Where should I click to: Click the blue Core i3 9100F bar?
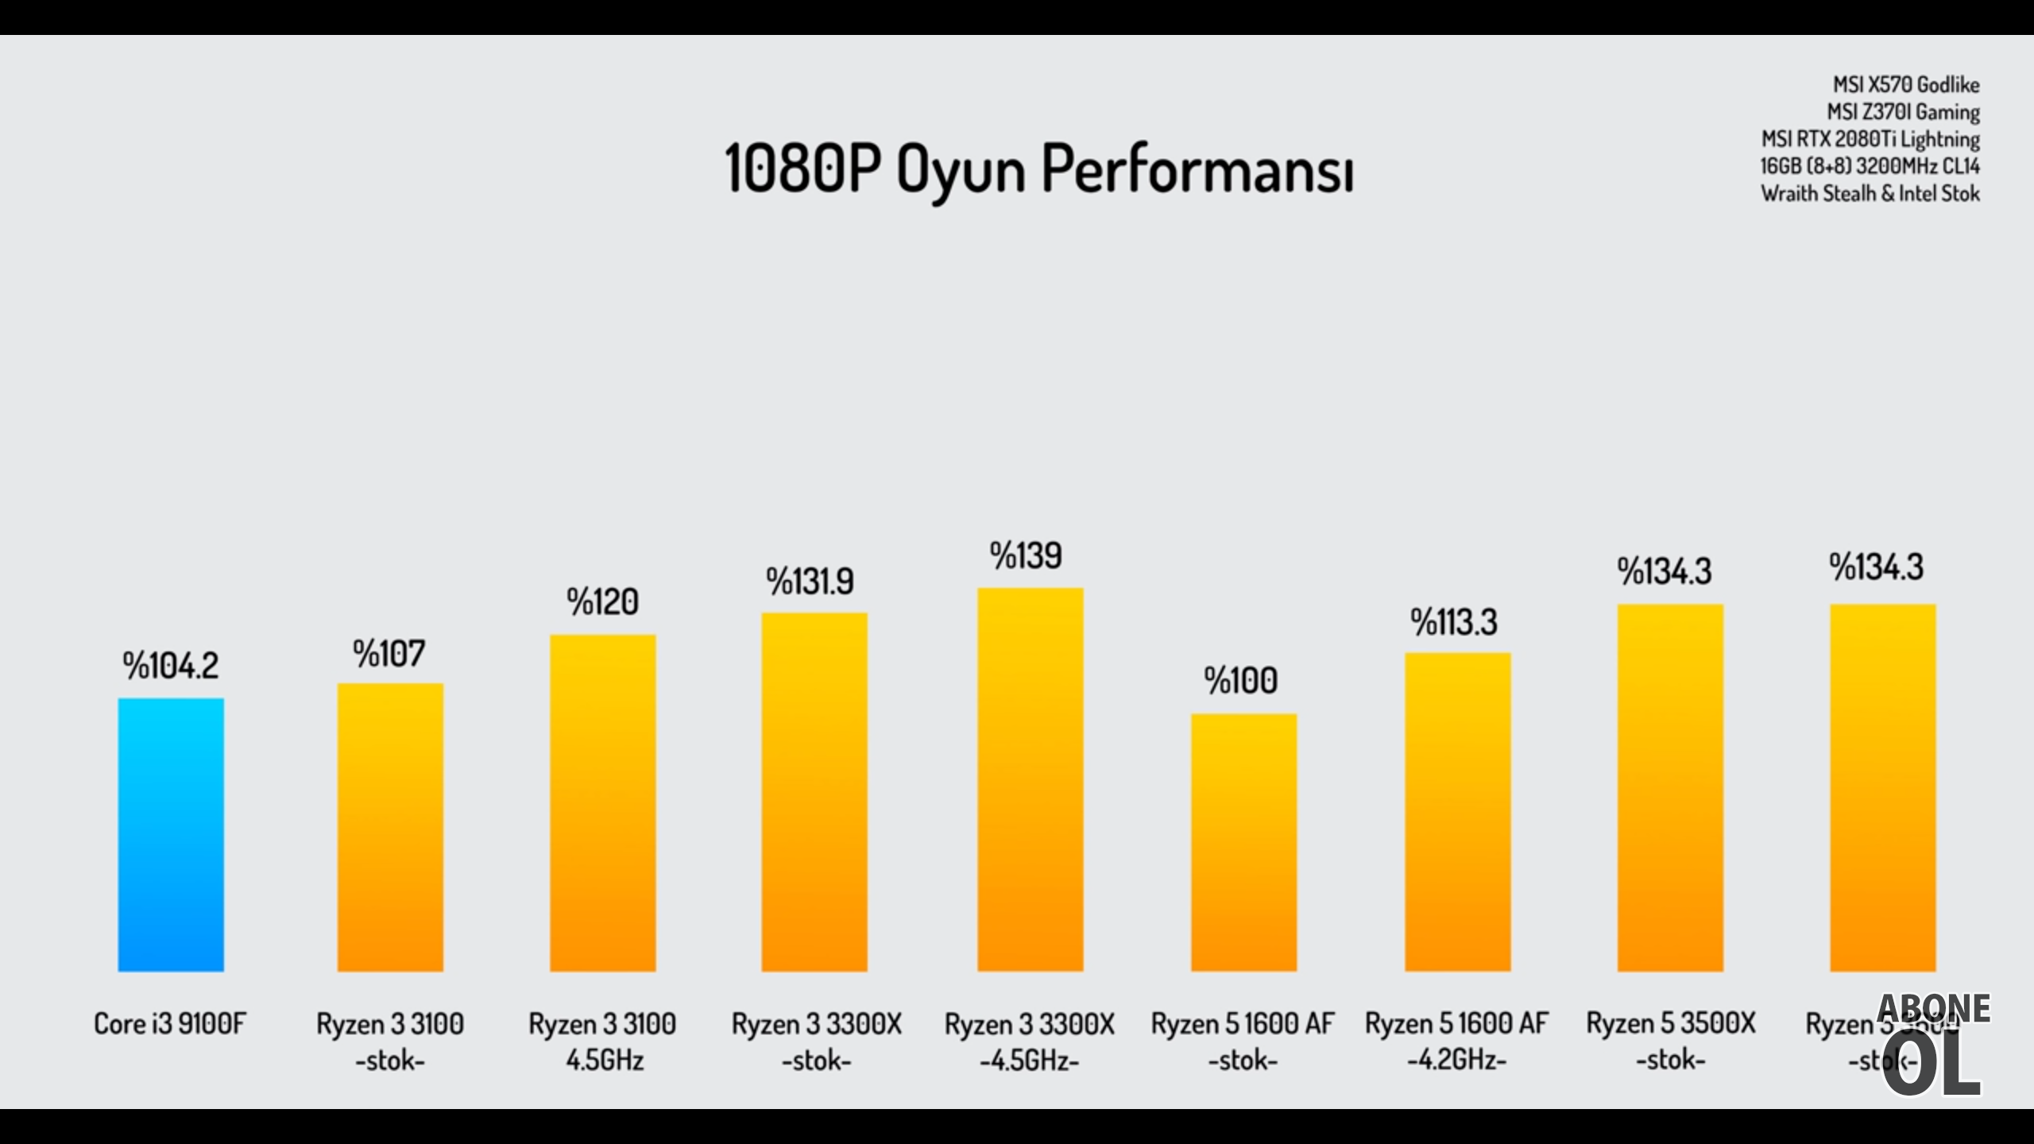[x=171, y=834]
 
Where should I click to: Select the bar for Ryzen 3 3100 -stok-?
[x=390, y=827]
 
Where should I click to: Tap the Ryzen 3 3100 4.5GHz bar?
[x=603, y=802]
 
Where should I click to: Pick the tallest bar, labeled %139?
[x=1031, y=779]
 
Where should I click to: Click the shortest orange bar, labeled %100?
[x=1243, y=842]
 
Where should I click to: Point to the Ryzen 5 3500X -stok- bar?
[x=1670, y=787]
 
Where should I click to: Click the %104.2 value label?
[x=171, y=666]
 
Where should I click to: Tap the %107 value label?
[x=389, y=654]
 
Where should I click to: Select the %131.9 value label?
[x=810, y=582]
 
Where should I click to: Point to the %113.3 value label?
[x=1454, y=622]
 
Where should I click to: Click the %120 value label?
[x=602, y=602]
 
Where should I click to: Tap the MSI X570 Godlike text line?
[x=1906, y=85]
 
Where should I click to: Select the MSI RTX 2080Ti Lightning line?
[x=1870, y=139]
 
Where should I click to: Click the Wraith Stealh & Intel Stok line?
[x=1870, y=193]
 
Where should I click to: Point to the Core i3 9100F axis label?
[x=170, y=1023]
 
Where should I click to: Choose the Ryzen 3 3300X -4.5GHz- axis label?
[x=1030, y=1042]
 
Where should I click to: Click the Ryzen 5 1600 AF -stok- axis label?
[x=1243, y=1042]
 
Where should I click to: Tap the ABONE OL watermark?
[x=1932, y=1045]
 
